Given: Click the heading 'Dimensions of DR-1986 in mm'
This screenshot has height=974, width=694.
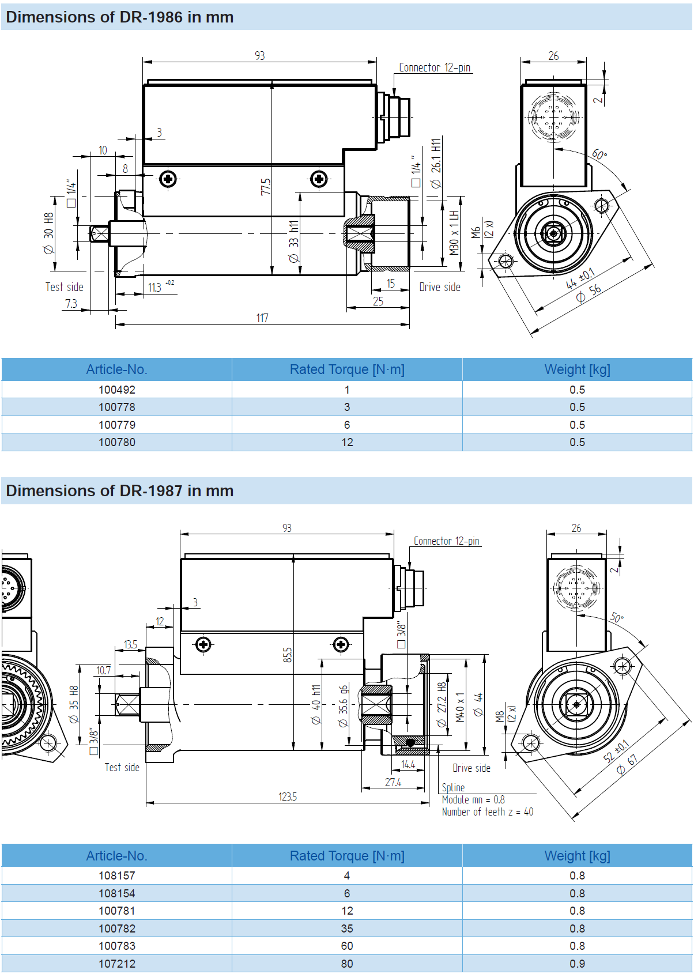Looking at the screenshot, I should pos(119,17).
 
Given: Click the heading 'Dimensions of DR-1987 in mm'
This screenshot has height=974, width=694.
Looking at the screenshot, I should pos(119,491).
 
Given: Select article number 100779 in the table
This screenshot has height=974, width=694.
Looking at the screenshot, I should pos(117,425).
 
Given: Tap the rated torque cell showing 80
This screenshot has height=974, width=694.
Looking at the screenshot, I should pos(347,964).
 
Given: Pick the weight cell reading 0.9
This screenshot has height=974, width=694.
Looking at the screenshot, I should pos(577,964).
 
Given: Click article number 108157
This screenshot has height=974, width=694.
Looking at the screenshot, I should pos(117,875).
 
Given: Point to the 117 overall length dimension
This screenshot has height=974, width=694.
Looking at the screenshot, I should pos(262,318).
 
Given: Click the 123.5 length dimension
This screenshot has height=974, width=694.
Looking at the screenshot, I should pos(288,796).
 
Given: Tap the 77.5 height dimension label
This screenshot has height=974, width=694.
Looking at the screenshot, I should pos(266,187).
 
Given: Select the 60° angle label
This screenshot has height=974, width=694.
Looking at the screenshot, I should pos(599,154).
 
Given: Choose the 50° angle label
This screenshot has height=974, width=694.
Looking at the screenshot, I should pos(617,618).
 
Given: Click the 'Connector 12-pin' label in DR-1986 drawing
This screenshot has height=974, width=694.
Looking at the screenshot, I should pos(435,67).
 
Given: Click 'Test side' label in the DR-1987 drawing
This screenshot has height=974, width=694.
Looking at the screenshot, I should pos(122,767).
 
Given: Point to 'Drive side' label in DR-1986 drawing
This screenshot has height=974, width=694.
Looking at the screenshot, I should pos(440,287).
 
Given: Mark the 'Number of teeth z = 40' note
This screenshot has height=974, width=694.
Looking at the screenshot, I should pos(488,812).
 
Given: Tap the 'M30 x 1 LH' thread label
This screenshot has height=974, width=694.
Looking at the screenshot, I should pos(454,233).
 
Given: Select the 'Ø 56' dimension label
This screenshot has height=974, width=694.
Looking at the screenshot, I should pos(589,293).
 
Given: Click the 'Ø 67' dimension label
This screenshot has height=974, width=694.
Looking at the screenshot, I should pos(627,764).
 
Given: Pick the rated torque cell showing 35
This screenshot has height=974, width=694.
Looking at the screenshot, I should pos(347,928).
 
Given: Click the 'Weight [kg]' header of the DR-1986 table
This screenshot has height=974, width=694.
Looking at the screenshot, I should pos(577,369).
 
